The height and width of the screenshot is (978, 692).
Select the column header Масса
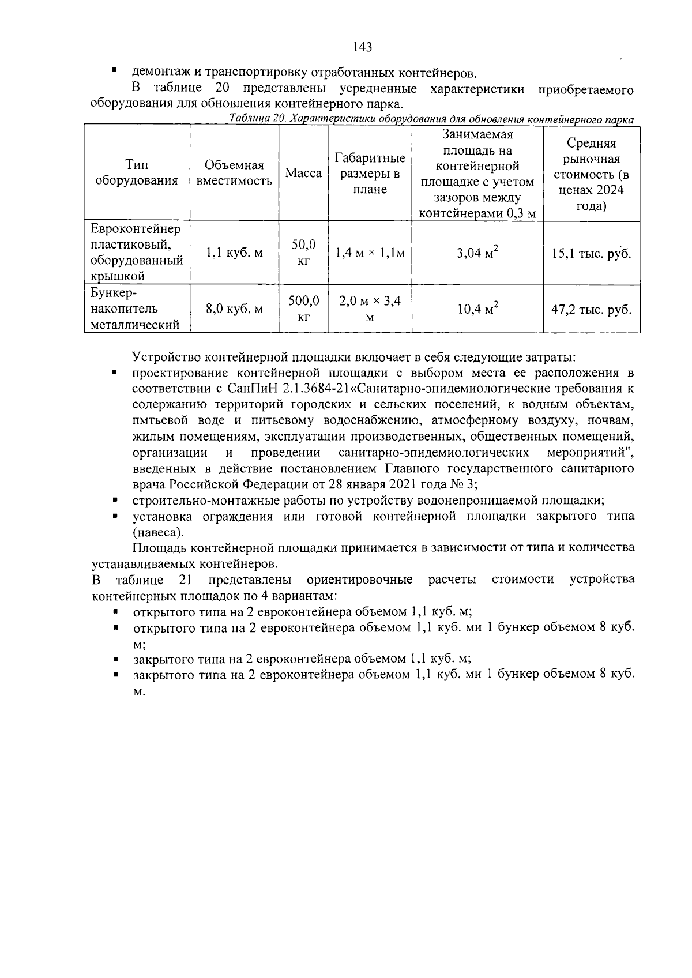point(304,173)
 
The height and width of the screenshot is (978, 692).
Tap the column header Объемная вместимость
point(234,173)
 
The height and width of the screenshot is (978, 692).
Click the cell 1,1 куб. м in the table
point(234,253)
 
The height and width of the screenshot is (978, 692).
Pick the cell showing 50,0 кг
point(304,253)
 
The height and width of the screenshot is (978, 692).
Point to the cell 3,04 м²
point(477,253)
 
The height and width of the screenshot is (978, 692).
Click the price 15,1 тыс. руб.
point(591,253)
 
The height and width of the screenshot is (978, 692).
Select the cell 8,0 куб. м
point(234,309)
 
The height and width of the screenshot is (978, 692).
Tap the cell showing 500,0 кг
point(304,309)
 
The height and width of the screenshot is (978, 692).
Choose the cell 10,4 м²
point(477,309)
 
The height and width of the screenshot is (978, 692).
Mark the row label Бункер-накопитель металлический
point(136,309)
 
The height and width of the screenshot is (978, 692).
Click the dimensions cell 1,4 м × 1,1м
point(370,253)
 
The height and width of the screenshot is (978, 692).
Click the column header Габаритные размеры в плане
point(370,174)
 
